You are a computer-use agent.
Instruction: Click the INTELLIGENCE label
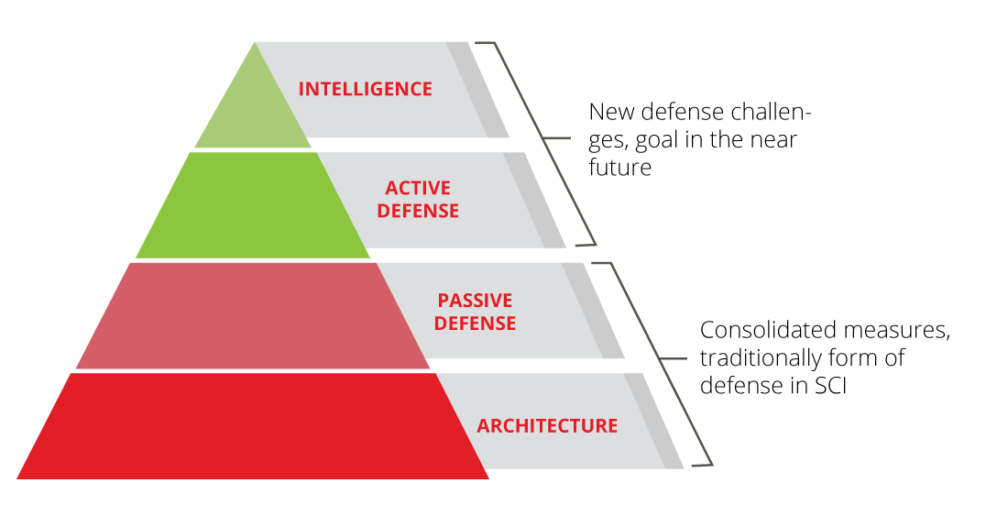(x=365, y=89)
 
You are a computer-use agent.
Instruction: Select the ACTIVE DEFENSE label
(x=418, y=200)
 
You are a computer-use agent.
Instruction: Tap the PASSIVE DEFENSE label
(x=475, y=312)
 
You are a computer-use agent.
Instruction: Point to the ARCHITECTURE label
(x=547, y=425)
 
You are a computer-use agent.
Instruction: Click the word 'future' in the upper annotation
(x=620, y=168)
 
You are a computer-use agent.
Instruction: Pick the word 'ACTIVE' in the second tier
(x=418, y=188)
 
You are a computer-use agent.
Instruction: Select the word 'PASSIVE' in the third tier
(x=475, y=300)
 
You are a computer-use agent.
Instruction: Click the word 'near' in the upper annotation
(x=772, y=140)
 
